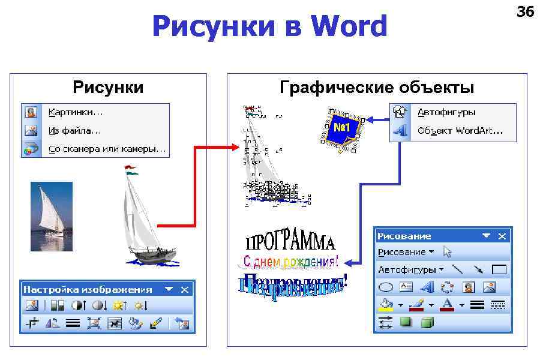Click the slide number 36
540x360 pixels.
click(x=525, y=11)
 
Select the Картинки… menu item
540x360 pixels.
click(x=76, y=112)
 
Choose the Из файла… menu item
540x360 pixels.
click(x=74, y=130)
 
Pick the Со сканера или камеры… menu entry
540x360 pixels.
click(x=107, y=148)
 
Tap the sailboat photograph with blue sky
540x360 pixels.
click(x=52, y=216)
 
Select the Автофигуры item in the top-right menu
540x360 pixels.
click(x=446, y=112)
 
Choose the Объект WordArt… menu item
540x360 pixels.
click(x=460, y=130)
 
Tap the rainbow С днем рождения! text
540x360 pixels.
click(x=290, y=262)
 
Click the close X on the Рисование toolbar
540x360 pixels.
click(x=503, y=236)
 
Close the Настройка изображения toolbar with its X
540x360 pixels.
click(x=185, y=289)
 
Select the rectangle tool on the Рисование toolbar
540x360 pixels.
click(x=499, y=269)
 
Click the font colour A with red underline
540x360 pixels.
click(x=446, y=305)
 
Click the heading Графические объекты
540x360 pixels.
click(x=377, y=88)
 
